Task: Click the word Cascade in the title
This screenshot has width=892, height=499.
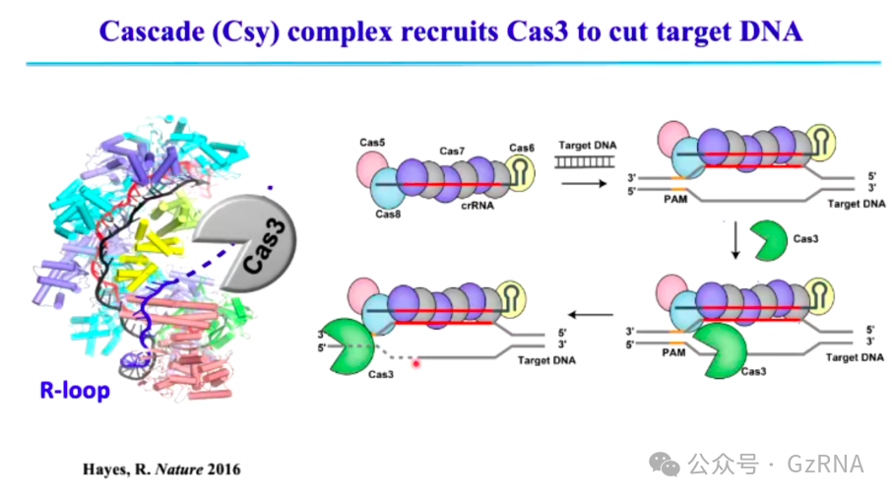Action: pyautogui.click(x=157, y=31)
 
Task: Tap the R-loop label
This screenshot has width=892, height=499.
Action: pyautogui.click(x=75, y=391)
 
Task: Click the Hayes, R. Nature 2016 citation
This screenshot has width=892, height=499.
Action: pyautogui.click(x=160, y=468)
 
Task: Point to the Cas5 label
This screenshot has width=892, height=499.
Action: pyautogui.click(x=371, y=144)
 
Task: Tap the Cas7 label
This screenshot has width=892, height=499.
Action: pyautogui.click(x=452, y=151)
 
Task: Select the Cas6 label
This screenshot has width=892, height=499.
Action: pyautogui.click(x=521, y=149)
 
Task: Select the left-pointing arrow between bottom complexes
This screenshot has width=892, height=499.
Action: pyautogui.click(x=593, y=315)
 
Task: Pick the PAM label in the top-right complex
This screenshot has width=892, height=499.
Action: pyautogui.click(x=673, y=200)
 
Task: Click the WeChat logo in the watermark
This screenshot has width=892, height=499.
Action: pyautogui.click(x=669, y=463)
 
